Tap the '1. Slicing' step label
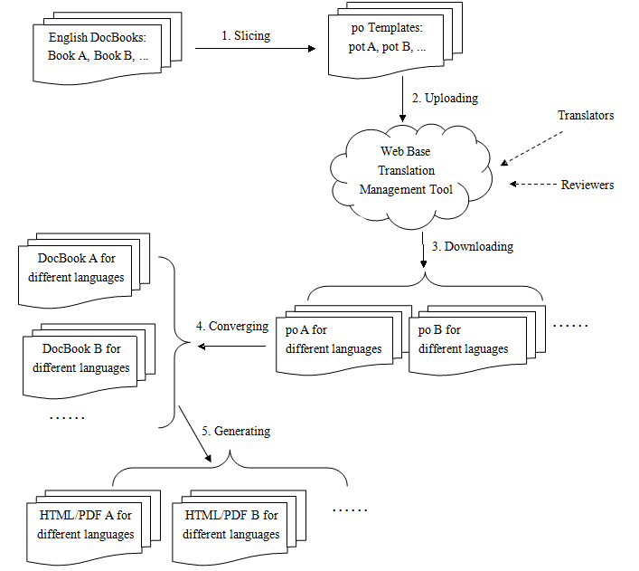pos(246,36)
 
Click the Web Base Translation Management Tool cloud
pos(409,170)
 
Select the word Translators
pos(586,116)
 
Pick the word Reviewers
pos(587,185)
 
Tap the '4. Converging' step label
pos(232,327)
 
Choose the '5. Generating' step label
pos(236,432)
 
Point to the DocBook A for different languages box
pos(76,268)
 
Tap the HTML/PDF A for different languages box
pos(86,525)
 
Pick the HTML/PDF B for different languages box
pos(230,525)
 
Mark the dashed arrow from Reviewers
pos(533,185)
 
